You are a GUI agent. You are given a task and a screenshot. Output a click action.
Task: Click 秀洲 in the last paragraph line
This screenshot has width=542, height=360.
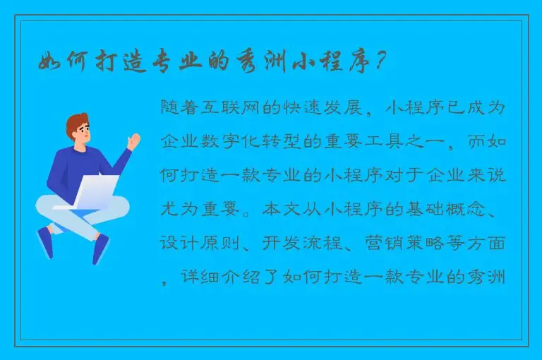pos(488,277)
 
